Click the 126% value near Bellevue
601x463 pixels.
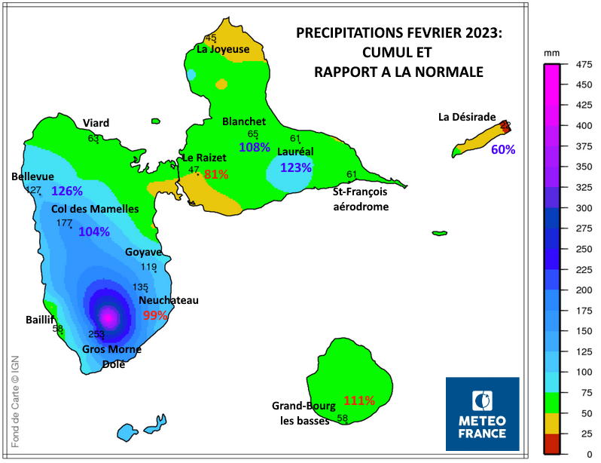66,192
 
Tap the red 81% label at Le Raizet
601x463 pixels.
216,175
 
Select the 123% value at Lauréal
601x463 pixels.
295,167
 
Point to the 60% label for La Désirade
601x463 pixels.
503,149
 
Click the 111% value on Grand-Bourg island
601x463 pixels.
358,400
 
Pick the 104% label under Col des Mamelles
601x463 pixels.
94,231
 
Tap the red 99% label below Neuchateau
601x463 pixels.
155,315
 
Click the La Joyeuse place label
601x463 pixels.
223,49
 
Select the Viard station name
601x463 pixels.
96,123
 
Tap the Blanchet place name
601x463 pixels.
243,121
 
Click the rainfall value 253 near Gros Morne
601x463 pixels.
96,334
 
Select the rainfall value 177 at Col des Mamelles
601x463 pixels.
64,223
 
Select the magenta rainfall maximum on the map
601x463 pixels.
109,317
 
